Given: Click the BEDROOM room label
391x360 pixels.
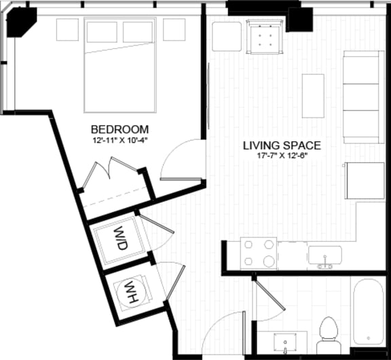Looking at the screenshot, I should coord(119,129).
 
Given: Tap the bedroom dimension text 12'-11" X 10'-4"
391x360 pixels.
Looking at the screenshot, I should coord(119,141).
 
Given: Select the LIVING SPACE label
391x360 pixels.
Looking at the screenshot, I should coord(282,145).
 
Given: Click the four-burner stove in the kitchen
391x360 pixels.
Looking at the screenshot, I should coord(259,253).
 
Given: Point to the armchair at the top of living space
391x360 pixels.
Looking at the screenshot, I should coord(265,36).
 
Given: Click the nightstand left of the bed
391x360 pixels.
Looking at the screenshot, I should coord(67,29).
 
